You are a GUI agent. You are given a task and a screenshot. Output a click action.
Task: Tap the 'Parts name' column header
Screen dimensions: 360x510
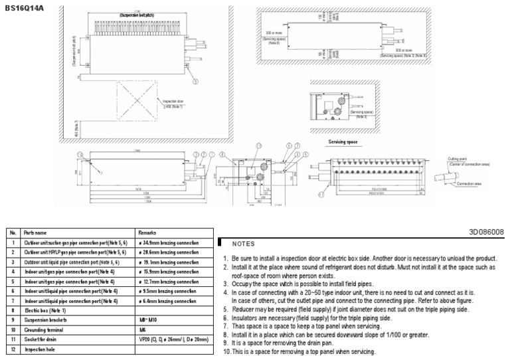click(36, 233)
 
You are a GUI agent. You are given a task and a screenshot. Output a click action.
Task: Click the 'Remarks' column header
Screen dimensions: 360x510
click(147, 233)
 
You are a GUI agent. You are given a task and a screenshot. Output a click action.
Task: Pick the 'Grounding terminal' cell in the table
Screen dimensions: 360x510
click(46, 329)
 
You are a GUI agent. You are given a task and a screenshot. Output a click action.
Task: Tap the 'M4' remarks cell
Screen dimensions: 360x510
click(141, 329)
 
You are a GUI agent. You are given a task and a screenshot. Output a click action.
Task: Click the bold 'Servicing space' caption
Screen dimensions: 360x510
click(342, 142)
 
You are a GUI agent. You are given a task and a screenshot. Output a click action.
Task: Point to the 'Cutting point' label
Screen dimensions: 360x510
click(459, 159)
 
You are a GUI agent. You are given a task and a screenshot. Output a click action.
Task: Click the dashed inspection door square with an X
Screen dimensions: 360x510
click(137, 102)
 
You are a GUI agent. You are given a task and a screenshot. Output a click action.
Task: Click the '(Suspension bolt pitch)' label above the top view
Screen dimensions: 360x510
click(138, 15)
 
